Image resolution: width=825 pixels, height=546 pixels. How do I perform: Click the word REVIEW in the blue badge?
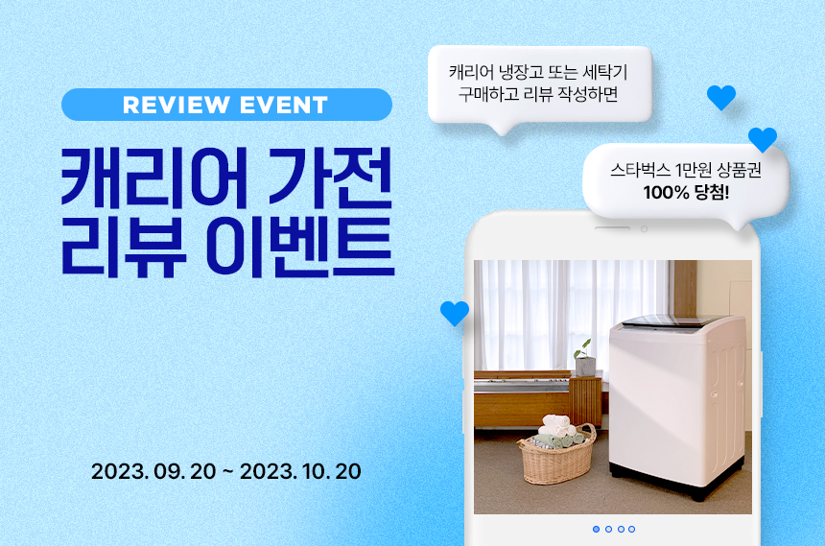tap(177, 105)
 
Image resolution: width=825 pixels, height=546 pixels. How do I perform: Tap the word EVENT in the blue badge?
tap(284, 105)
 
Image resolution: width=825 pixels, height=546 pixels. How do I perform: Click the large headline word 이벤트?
tap(300, 247)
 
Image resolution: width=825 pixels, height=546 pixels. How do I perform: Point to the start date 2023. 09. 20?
tap(153, 471)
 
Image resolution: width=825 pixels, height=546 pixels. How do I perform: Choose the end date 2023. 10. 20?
tap(300, 471)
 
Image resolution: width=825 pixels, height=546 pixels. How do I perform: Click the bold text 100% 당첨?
tap(686, 193)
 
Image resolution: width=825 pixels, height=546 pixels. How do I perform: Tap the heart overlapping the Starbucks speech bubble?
tap(763, 139)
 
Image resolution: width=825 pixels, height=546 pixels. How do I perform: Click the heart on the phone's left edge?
tap(455, 313)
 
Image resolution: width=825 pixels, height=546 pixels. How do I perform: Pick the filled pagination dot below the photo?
tap(596, 529)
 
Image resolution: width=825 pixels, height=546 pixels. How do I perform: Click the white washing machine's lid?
tap(672, 321)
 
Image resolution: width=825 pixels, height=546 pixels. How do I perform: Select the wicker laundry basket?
tap(557, 456)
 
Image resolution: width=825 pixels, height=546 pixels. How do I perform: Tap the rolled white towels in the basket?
tap(555, 425)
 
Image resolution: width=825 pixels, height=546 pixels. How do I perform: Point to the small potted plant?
tap(584, 358)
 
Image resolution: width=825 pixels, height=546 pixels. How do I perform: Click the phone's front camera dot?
tap(644, 229)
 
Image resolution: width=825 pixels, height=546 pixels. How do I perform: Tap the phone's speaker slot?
tap(612, 228)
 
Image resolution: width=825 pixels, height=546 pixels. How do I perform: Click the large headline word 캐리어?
tap(154, 177)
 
